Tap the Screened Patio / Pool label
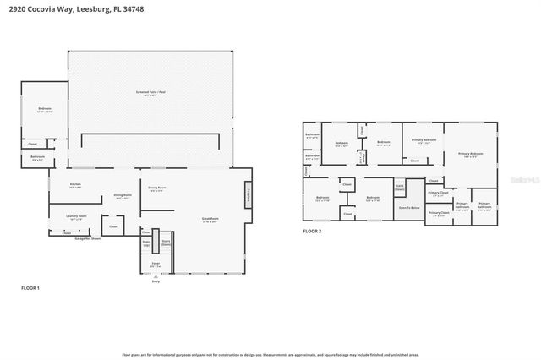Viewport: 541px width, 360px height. pyautogui.click(x=151, y=90)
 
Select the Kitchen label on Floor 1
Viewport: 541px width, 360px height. pyautogui.click(x=75, y=184)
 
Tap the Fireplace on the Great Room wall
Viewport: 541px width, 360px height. pyautogui.click(x=249, y=195)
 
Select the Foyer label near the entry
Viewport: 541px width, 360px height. pyautogui.click(x=156, y=265)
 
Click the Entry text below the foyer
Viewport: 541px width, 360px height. pyautogui.click(x=156, y=281)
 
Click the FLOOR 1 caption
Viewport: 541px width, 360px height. pyautogui.click(x=30, y=288)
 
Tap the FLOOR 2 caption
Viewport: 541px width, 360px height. pyautogui.click(x=313, y=230)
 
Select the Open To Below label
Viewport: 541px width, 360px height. pyautogui.click(x=409, y=206)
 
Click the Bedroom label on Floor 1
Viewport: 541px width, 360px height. pyautogui.click(x=44, y=109)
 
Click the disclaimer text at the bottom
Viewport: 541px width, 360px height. pyautogui.click(x=270, y=354)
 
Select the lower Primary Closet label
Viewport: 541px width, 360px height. pyautogui.click(x=438, y=214)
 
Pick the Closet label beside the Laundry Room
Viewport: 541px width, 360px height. pyautogui.click(x=113, y=226)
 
